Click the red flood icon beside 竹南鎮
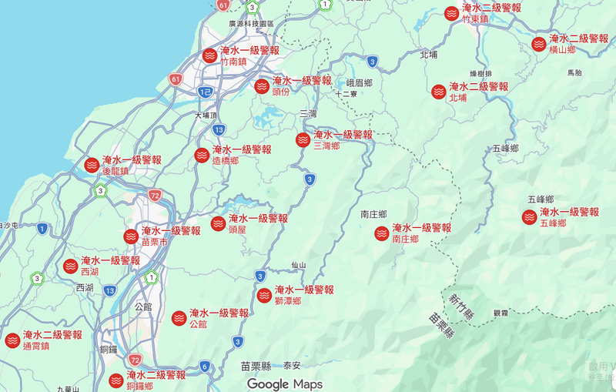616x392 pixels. [x=209, y=55]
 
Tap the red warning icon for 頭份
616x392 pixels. [x=262, y=85]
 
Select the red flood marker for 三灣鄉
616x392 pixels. [x=303, y=139]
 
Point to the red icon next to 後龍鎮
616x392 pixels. [x=91, y=165]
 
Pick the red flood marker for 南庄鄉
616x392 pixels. [x=381, y=233]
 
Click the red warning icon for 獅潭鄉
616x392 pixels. [x=264, y=295]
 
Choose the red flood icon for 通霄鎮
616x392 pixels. [x=12, y=340]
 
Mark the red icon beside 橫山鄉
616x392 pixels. [x=539, y=44]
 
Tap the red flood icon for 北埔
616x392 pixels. [x=438, y=92]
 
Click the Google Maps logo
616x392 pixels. [x=285, y=384]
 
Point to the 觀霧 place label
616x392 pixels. [x=500, y=313]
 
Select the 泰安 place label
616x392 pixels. [x=292, y=367]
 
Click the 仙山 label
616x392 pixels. [x=298, y=265]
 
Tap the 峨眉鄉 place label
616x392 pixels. [x=359, y=82]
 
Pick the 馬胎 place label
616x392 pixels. [x=574, y=72]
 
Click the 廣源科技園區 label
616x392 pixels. [x=252, y=24]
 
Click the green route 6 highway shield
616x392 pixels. [x=205, y=367]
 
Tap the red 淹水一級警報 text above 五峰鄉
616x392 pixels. [x=569, y=212]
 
